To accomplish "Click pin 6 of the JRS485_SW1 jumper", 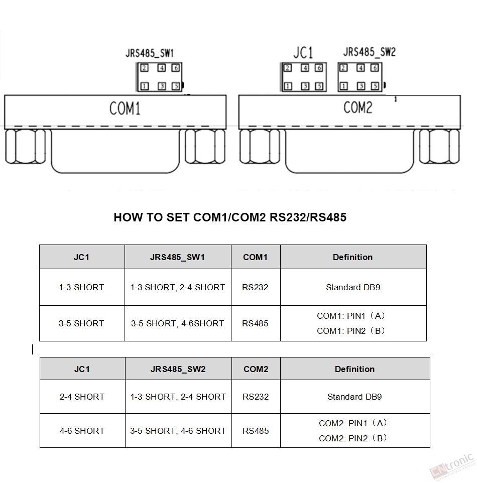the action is click(x=176, y=68).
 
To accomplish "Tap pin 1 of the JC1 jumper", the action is click(x=288, y=86).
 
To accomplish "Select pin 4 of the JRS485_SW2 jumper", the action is click(x=361, y=68).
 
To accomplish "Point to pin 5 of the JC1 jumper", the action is click(x=319, y=86).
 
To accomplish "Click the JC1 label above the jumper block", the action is click(x=303, y=52).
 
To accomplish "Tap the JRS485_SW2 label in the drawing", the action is click(x=370, y=52).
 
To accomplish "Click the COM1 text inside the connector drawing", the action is click(x=125, y=108).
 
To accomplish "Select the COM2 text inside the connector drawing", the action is click(x=358, y=107).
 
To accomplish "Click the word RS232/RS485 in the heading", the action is click(x=308, y=217).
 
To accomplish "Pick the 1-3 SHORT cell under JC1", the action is click(x=82, y=287).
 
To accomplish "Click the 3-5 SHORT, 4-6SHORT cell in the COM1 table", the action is click(x=177, y=323).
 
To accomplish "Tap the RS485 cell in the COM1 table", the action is click(x=255, y=323).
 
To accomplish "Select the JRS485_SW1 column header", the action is click(x=177, y=257).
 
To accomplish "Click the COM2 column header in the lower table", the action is click(x=256, y=369).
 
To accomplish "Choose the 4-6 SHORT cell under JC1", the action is click(x=82, y=431).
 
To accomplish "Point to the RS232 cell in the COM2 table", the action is click(x=256, y=397).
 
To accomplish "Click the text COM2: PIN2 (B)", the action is click(x=353, y=438).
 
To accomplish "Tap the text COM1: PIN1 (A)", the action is click(x=351, y=316).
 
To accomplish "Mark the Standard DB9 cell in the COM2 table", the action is click(x=354, y=397).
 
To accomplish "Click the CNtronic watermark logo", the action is click(x=452, y=466).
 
